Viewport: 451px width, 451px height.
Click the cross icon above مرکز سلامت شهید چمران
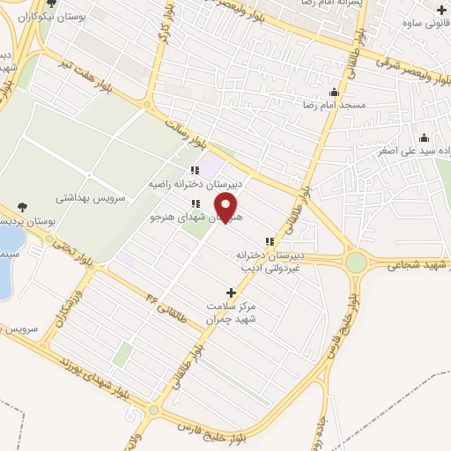pyautogui.click(x=232, y=292)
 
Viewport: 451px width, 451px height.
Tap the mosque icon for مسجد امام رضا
pyautogui.click(x=334, y=93)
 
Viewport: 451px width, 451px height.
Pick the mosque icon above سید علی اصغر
pyautogui.click(x=425, y=138)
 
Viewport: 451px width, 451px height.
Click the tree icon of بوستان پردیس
pyautogui.click(x=22, y=208)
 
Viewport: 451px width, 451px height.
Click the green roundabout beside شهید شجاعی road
pyautogui.click(x=356, y=262)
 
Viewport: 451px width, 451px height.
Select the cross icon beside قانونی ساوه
pyautogui.click(x=441, y=11)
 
